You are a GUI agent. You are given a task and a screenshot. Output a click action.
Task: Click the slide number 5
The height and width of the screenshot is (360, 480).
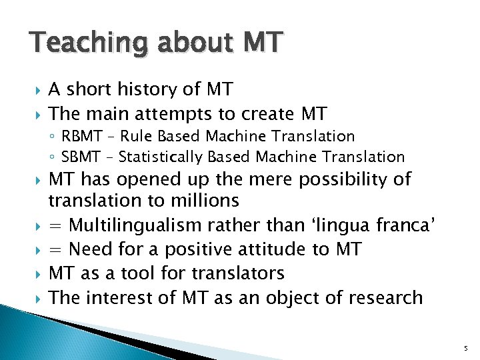[x=465, y=348]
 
